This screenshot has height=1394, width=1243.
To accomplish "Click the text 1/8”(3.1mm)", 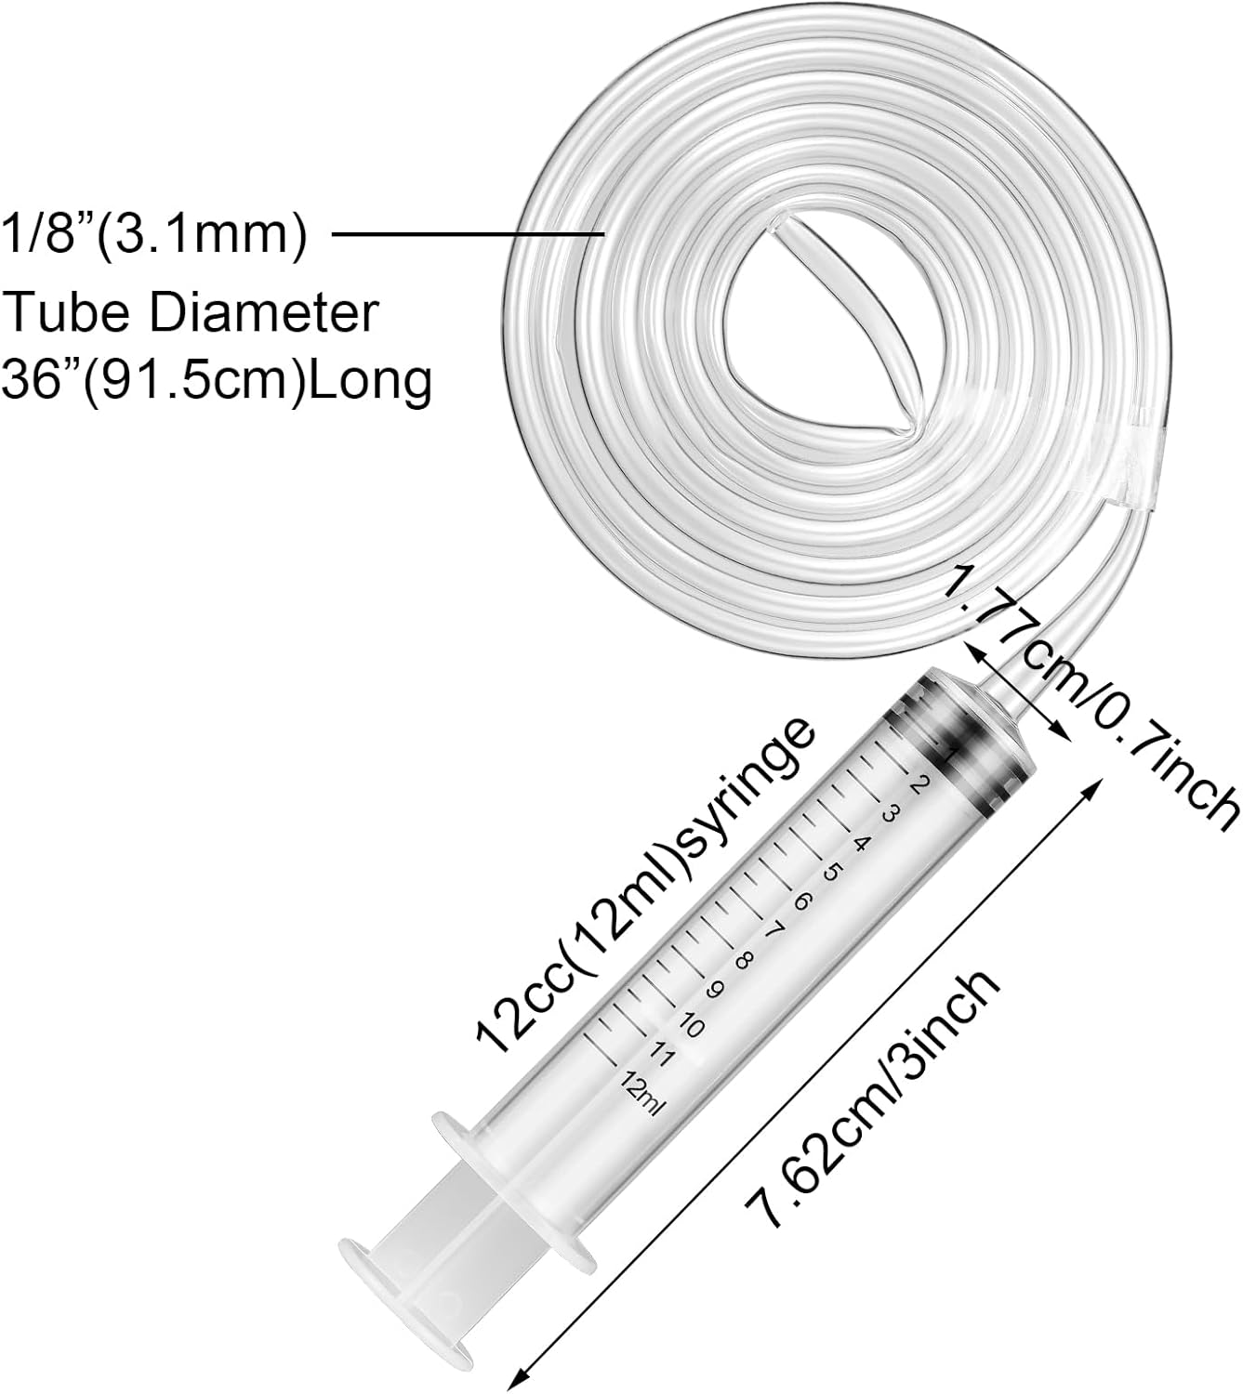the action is pyautogui.click(x=155, y=237).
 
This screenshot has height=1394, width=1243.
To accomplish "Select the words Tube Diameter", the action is pyautogui.click(x=192, y=312).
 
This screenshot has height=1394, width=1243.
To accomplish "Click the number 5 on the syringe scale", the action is pyautogui.click(x=832, y=874).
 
